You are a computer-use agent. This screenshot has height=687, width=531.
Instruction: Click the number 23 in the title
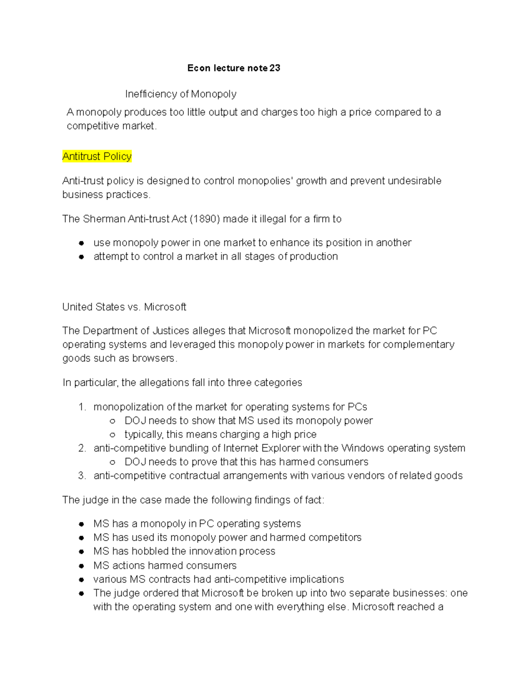275,68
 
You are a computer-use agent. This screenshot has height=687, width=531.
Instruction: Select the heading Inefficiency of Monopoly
181,94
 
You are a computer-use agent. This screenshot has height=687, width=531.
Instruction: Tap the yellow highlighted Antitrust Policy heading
97,157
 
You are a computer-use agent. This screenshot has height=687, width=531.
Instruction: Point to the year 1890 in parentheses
206,219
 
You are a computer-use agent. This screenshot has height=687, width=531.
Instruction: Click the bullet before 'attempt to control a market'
81,257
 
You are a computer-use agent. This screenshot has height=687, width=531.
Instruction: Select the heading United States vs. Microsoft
124,307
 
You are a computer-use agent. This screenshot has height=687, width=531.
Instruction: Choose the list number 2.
81,448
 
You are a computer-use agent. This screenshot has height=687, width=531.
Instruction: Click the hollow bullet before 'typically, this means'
112,435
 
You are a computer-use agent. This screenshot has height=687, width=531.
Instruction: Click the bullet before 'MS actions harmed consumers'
81,566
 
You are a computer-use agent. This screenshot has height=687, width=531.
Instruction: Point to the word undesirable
414,181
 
